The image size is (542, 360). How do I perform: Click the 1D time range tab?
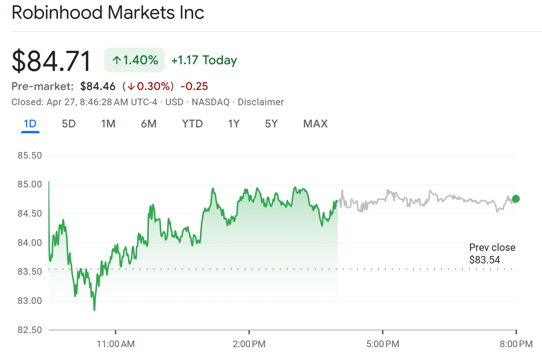(x=30, y=124)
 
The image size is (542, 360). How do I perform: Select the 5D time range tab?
(x=69, y=124)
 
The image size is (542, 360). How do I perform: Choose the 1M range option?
(x=108, y=124)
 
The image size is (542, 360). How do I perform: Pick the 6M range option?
(x=149, y=124)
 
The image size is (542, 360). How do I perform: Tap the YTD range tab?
(x=192, y=124)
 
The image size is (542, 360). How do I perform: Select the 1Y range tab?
(x=234, y=124)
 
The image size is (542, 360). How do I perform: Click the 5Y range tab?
(x=271, y=124)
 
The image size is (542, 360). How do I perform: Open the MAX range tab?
(x=315, y=124)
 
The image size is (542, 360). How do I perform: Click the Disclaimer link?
(x=260, y=102)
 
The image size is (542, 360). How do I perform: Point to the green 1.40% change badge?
(x=135, y=60)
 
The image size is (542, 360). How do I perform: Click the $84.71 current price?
(x=51, y=61)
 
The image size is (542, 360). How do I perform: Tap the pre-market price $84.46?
(x=98, y=86)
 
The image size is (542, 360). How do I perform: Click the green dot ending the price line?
(x=516, y=199)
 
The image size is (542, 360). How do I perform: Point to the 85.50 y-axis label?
(x=30, y=155)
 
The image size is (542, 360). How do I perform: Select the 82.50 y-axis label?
(x=30, y=330)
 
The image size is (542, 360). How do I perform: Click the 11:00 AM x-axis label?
(x=116, y=344)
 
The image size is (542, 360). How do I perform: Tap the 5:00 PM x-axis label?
(x=383, y=344)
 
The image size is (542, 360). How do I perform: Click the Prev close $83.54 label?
(x=492, y=254)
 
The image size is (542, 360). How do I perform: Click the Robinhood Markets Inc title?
(x=108, y=13)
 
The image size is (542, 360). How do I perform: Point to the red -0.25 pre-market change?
(x=194, y=86)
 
